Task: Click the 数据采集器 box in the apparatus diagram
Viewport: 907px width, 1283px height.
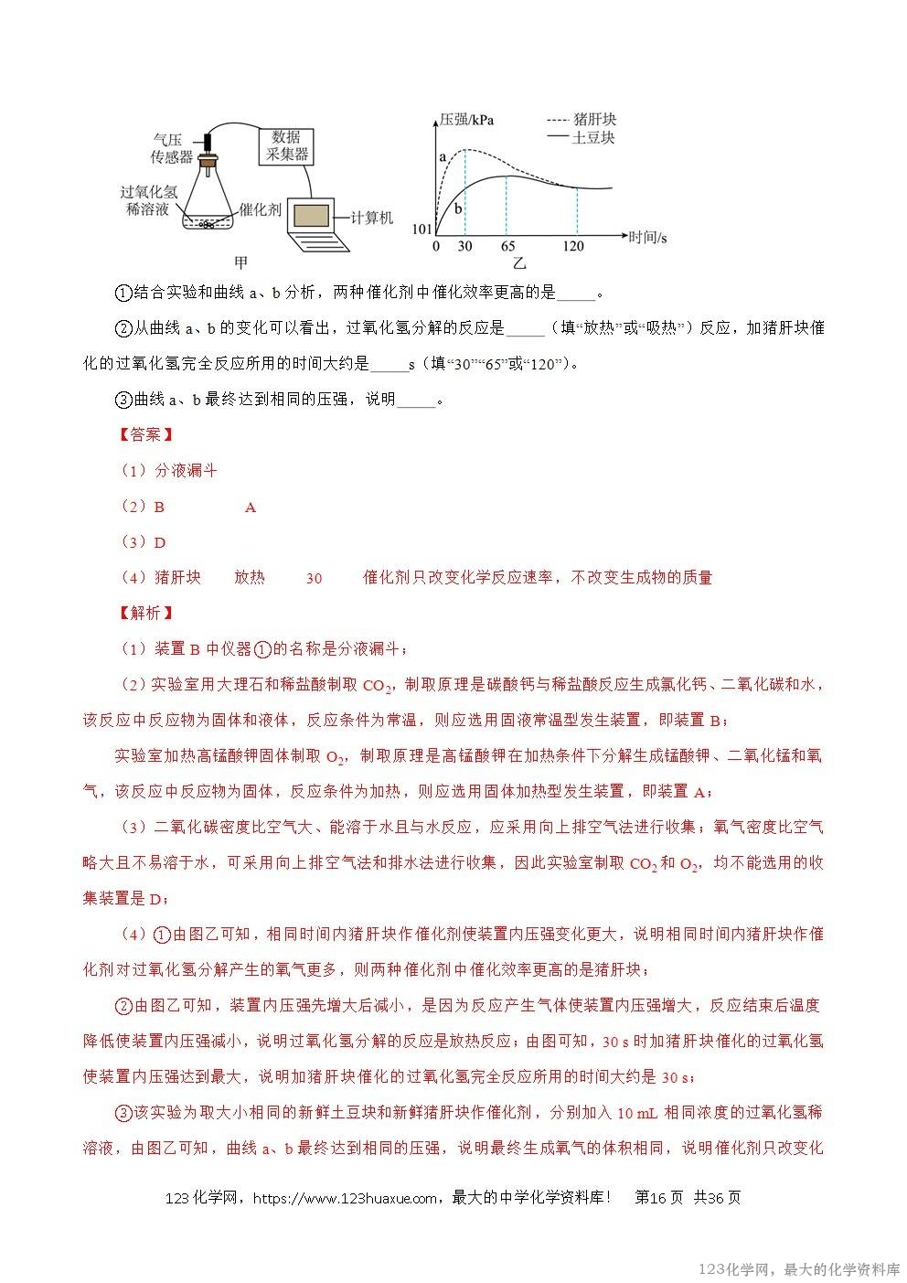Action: [287, 146]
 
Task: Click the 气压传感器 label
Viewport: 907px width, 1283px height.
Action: [170, 148]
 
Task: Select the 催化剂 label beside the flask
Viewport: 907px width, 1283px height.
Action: [260, 210]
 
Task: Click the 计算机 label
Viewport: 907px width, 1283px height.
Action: [372, 218]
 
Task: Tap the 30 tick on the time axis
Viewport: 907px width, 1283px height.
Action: [464, 247]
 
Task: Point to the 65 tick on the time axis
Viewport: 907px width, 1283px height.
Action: [507, 247]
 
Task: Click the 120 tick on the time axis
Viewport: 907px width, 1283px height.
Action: [574, 247]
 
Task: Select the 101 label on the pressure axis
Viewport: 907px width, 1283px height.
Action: [421, 230]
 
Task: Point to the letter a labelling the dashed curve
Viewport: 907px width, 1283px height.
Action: [443, 157]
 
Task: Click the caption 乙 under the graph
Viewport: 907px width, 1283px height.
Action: [518, 263]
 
